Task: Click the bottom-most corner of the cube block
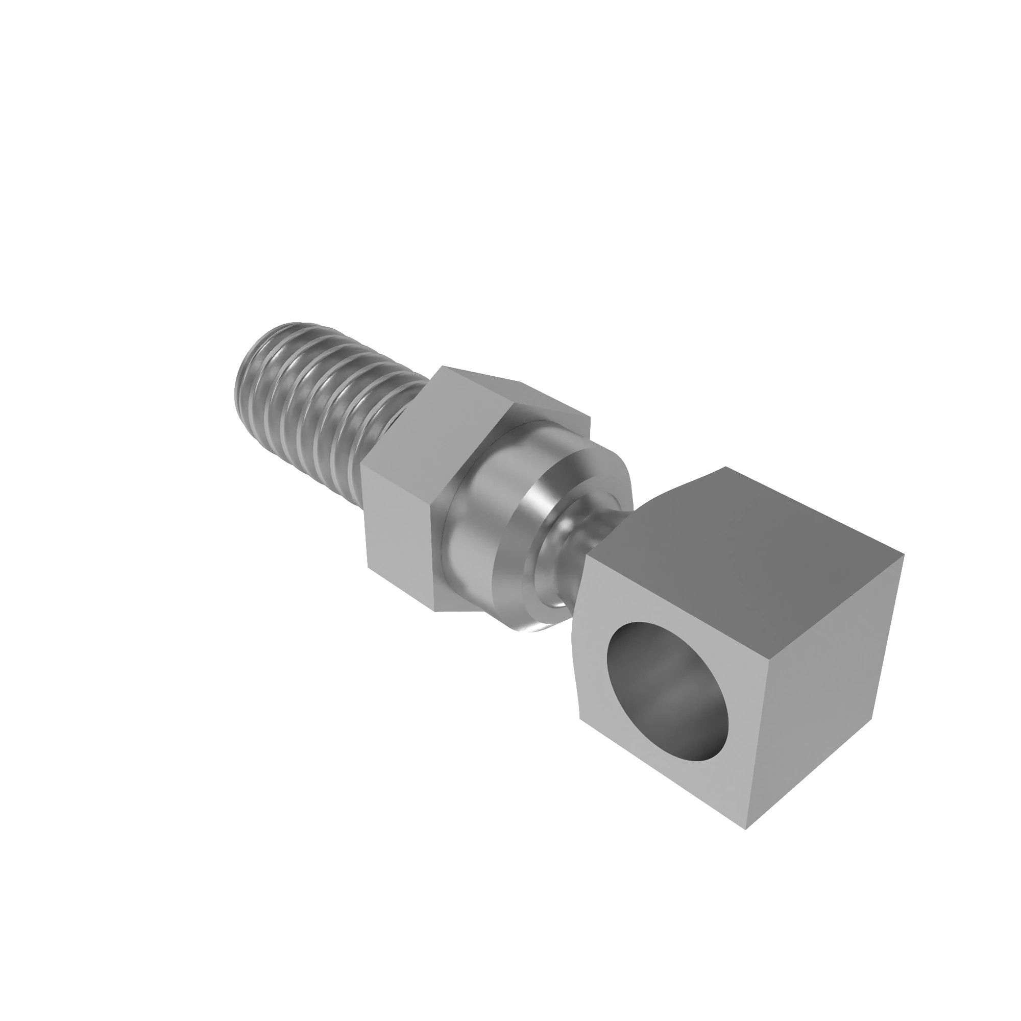746,829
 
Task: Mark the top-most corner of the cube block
725,467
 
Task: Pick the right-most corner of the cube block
904,554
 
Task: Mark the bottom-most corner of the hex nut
435,612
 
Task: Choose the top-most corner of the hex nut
442,366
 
